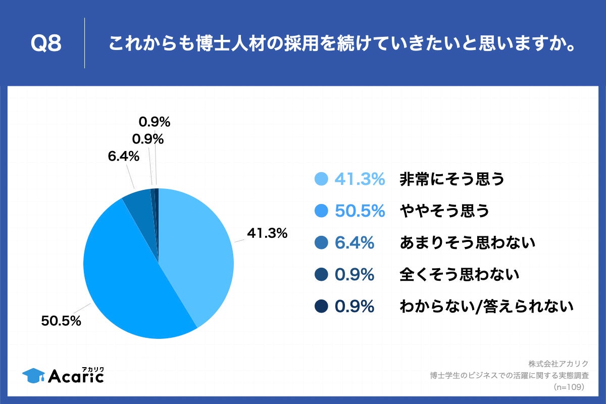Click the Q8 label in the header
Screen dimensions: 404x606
point(46,43)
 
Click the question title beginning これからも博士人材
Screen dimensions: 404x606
point(342,43)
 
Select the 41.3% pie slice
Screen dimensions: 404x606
point(197,247)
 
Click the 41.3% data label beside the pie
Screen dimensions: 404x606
point(267,233)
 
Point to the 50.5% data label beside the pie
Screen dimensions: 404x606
point(61,321)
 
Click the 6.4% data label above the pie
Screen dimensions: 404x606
point(123,157)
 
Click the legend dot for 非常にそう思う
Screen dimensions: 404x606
point(321,179)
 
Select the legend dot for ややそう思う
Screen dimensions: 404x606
point(321,211)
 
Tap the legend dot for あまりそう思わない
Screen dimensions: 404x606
point(321,243)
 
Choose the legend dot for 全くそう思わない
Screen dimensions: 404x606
point(321,275)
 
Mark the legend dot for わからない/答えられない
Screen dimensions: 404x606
point(321,307)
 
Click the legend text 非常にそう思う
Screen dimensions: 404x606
point(452,179)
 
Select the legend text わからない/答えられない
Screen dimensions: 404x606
point(487,307)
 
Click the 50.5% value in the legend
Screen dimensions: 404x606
point(360,211)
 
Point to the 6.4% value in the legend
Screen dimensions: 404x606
point(354,243)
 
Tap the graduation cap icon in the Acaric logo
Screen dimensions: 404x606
point(33,375)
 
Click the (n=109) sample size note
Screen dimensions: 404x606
point(569,387)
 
